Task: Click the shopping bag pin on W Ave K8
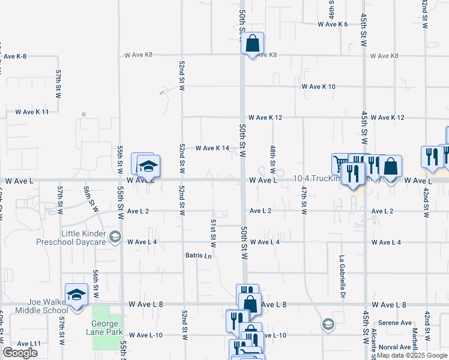click(253, 43)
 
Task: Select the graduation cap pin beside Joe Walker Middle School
click(76, 295)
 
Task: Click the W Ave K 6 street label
click(333, 24)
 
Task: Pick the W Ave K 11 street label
click(32, 112)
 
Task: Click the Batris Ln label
click(198, 256)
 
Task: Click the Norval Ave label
click(395, 347)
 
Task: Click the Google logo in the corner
click(20, 353)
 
